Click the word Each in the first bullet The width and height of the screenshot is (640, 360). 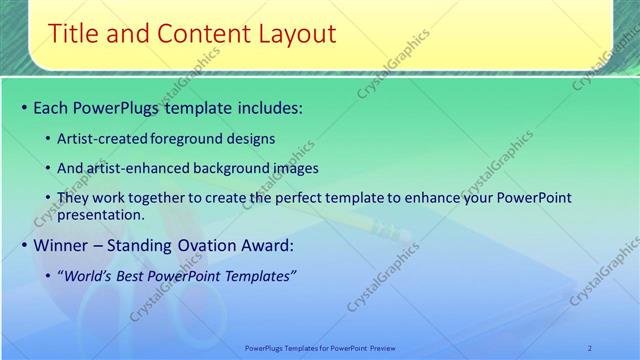pos(52,107)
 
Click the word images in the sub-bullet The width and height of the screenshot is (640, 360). pos(293,168)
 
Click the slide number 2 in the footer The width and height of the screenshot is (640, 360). pos(590,347)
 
